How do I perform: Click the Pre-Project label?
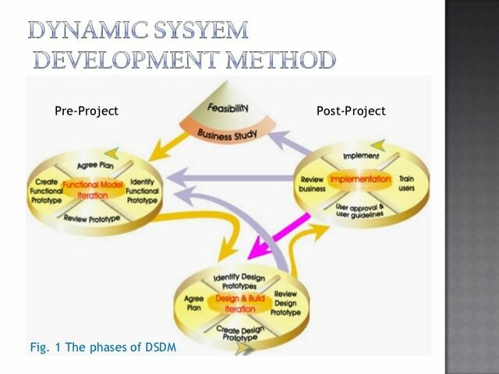tap(87, 111)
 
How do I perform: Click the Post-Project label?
tap(351, 111)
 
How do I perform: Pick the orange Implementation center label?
tap(359, 179)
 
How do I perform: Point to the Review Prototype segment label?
tap(93, 219)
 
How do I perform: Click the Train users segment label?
tap(405, 184)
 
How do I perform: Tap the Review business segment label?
tap(313, 184)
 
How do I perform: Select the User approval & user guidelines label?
tap(361, 211)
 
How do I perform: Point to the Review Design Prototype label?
tap(285, 302)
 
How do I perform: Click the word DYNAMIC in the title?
tap(90, 32)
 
